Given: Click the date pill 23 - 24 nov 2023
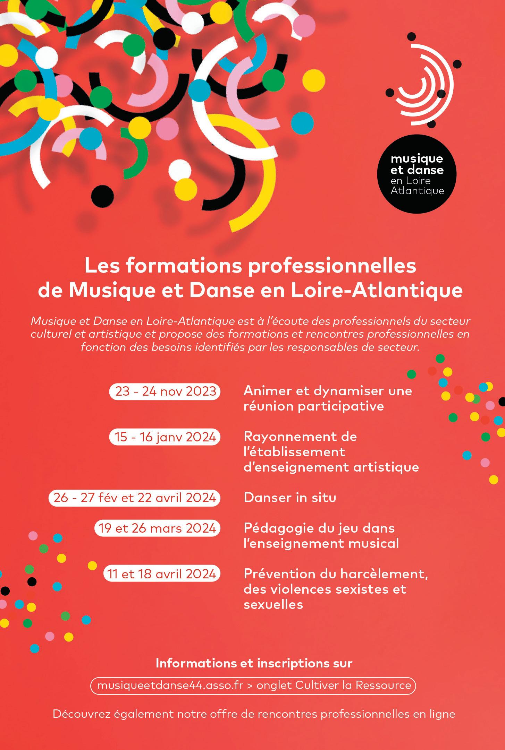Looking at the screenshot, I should [165, 392].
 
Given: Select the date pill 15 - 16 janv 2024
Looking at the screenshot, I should [165, 437].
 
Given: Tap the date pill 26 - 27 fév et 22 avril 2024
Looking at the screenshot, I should [135, 498].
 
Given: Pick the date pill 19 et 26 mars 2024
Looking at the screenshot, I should [157, 528].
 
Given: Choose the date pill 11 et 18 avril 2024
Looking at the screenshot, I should [162, 574].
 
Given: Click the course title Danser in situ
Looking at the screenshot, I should [290, 498].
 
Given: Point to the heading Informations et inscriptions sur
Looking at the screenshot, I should [254, 663].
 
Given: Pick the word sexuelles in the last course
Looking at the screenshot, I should [273, 604].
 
